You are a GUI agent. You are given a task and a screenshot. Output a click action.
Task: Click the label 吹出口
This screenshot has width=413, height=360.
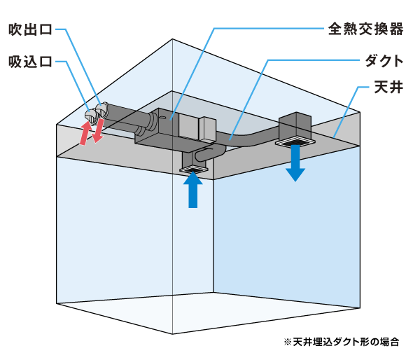click(x=30, y=29)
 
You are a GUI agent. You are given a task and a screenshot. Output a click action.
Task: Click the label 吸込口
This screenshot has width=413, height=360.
click(x=30, y=62)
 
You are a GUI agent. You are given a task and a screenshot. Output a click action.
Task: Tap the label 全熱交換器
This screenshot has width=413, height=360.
click(x=365, y=29)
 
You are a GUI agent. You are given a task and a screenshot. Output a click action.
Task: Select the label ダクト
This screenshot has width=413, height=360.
click(x=384, y=61)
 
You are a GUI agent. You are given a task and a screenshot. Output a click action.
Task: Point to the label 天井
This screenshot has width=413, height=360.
click(x=388, y=87)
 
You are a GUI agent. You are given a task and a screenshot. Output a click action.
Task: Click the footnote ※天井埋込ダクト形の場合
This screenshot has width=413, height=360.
click(x=342, y=342)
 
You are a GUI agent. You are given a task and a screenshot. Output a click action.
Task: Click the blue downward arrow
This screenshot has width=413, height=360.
click(x=295, y=163)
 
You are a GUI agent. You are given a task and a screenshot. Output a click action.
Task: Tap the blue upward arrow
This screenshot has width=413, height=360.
click(x=193, y=190)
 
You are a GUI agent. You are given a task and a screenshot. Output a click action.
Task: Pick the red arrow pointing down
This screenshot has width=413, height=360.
click(x=98, y=131)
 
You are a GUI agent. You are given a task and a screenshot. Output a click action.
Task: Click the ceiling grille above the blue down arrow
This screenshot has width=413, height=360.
click(x=295, y=141)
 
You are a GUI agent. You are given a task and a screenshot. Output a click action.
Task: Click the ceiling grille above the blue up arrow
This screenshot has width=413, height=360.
click(x=193, y=169)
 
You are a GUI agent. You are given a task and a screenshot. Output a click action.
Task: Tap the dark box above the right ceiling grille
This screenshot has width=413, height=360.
click(x=295, y=125)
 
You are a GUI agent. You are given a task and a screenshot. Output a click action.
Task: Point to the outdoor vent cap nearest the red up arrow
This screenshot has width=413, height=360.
click(x=90, y=116)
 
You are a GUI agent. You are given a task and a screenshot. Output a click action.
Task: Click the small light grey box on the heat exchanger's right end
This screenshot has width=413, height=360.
click(x=208, y=129)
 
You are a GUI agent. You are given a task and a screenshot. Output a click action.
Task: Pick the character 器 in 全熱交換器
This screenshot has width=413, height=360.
click(x=396, y=29)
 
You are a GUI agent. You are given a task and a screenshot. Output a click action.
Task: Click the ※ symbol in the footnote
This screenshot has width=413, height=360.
click(x=288, y=342)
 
